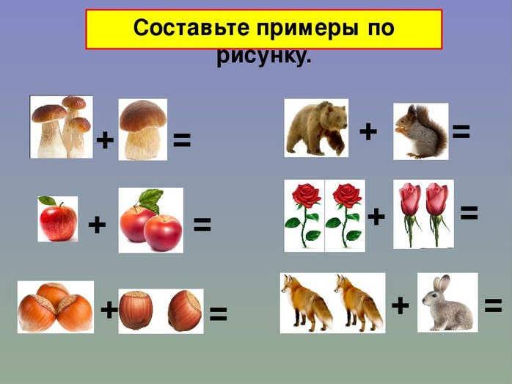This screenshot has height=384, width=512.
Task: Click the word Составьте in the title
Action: pyautogui.click(x=191, y=28)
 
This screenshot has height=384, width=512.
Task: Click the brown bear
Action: pyautogui.click(x=317, y=128)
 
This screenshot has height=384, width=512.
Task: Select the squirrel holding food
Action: pyautogui.click(x=421, y=131)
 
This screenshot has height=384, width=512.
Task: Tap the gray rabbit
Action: pyautogui.click(x=447, y=303)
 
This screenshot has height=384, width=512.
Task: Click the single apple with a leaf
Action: pyautogui.click(x=58, y=219)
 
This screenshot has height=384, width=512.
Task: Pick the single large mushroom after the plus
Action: pyautogui.click(x=143, y=130)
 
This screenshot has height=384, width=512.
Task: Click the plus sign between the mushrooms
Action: pyautogui.click(x=105, y=141)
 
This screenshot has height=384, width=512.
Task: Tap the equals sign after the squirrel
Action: pyautogui.click(x=461, y=131)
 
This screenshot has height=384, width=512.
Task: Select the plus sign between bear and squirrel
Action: pyautogui.click(x=368, y=131)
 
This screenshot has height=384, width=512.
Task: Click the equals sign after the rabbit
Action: pyautogui.click(x=493, y=306)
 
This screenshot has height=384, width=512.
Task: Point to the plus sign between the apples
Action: pyautogui.click(x=98, y=225)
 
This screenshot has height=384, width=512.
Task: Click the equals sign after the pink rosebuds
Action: pyautogui.click(x=469, y=213)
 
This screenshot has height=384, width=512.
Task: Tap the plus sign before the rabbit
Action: pyautogui.click(x=401, y=306)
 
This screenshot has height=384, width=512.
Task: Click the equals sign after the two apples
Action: pyautogui.click(x=202, y=225)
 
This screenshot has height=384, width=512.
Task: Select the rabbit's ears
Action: pyautogui.click(x=441, y=283)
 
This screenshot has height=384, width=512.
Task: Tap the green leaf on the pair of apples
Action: pyautogui.click(x=151, y=200)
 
